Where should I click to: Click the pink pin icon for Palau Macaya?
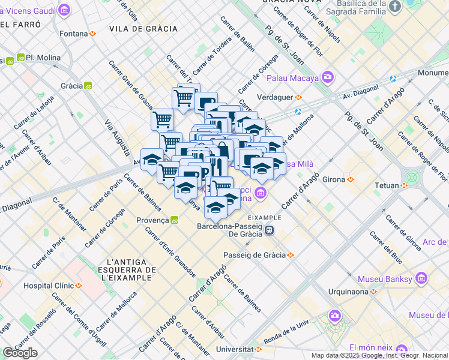[x=328, y=77]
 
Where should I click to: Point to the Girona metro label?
[x=334, y=179]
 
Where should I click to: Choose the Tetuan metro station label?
[x=387, y=185]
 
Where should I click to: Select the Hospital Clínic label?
[x=52, y=285]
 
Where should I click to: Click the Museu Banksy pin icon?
[x=421, y=279]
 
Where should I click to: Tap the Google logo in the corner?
[x=20, y=353]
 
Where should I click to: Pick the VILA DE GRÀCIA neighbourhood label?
[x=143, y=29]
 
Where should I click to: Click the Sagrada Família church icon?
[x=394, y=7]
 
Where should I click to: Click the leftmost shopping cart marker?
[x=162, y=119]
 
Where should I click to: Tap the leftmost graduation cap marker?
[x=152, y=160]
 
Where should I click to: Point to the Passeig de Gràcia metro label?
[x=255, y=255]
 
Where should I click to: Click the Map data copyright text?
[x=379, y=355]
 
